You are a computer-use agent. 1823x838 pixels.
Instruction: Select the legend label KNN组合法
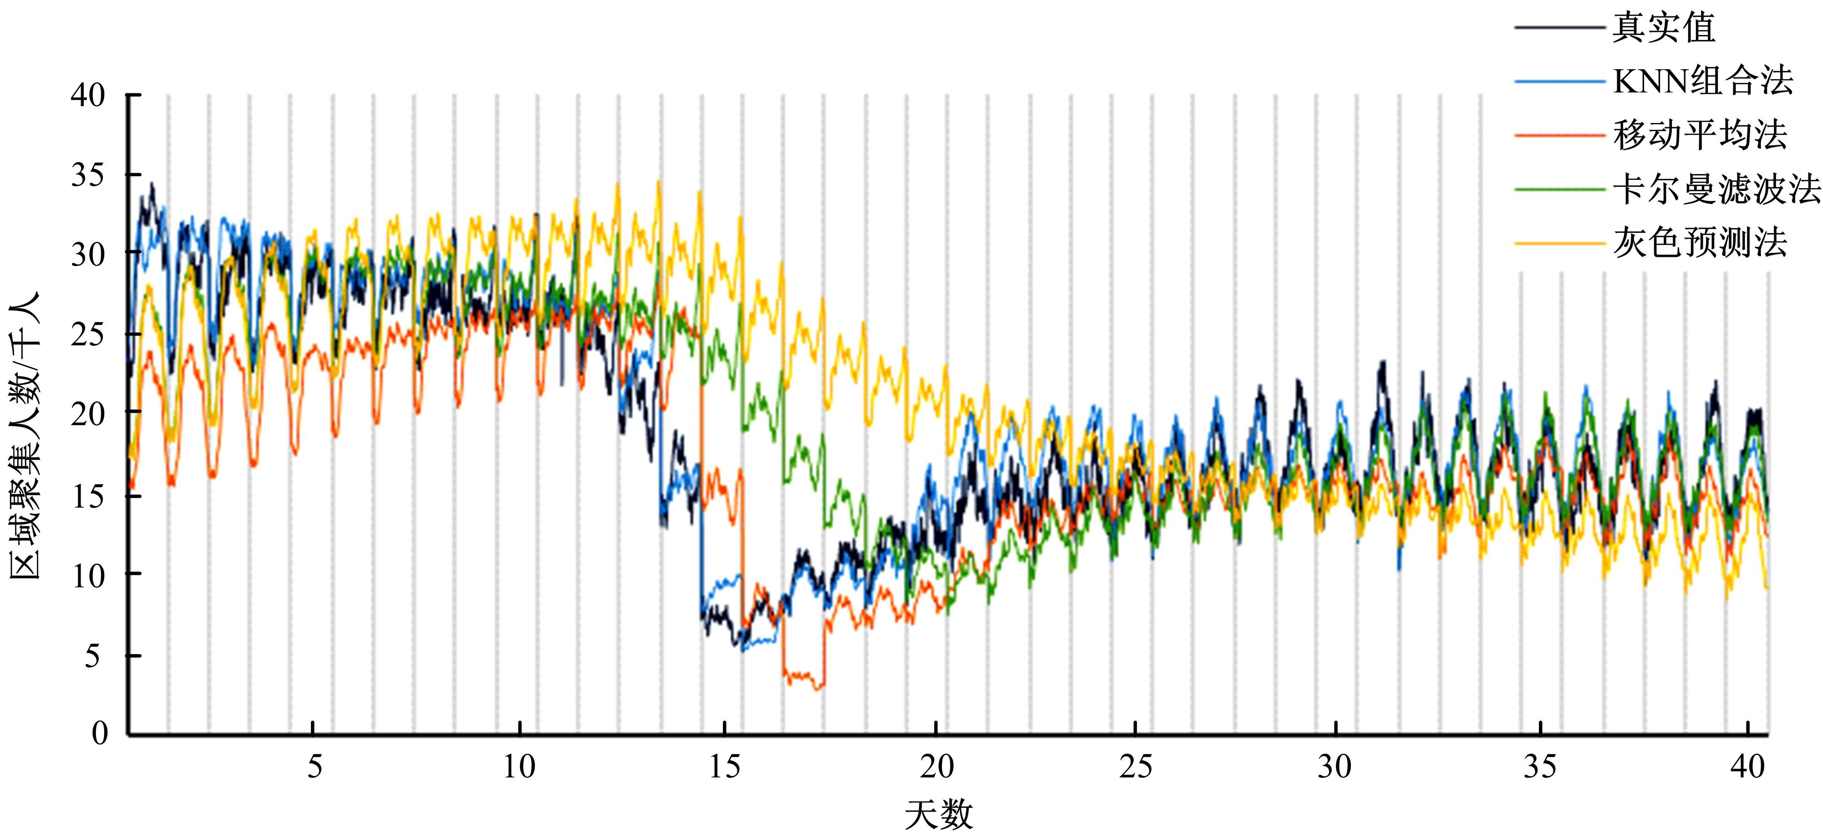point(1703,82)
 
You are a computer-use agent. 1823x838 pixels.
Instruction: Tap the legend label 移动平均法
point(1700,135)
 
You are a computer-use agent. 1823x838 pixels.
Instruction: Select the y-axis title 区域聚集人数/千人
point(25,436)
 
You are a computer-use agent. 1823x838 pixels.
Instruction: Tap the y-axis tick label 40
point(88,95)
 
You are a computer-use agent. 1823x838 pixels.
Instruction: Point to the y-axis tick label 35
point(88,175)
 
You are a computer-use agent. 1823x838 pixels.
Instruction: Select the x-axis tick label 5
point(314,766)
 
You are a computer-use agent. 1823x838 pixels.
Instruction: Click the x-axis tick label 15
point(725,766)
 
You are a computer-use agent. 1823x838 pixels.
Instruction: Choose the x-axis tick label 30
point(1335,766)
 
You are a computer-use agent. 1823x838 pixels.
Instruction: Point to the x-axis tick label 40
point(1747,766)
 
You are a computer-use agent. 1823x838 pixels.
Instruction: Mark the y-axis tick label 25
point(88,334)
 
